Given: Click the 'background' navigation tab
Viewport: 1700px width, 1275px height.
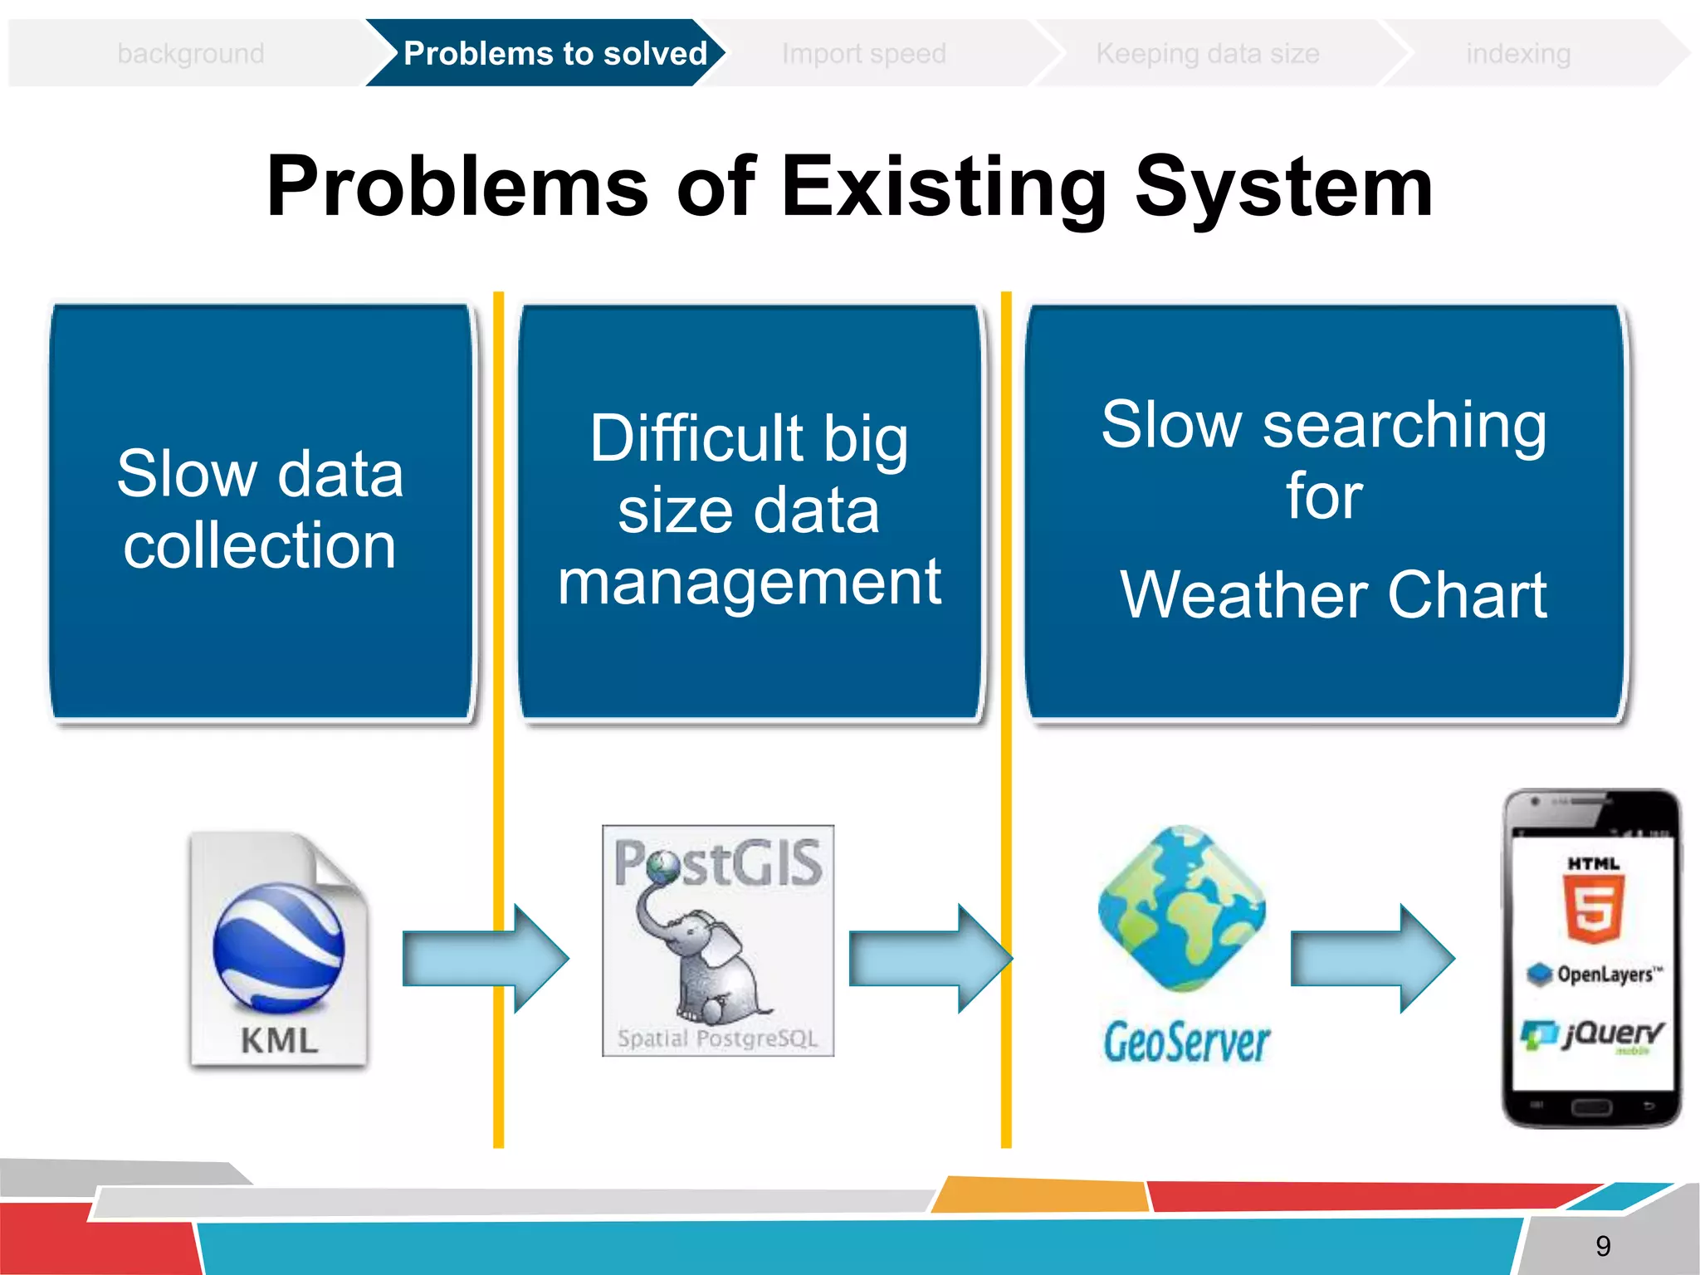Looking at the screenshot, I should point(191,54).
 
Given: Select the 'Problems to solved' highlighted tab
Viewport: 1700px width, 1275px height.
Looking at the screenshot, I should point(554,54).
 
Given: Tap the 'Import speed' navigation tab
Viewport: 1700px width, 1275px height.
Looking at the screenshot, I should point(863,54).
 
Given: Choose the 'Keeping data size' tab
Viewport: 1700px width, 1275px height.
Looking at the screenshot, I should point(1207,54).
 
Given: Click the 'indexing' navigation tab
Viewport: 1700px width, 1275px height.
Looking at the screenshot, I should point(1517,54).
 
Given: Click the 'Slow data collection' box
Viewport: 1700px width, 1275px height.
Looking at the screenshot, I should point(261,510).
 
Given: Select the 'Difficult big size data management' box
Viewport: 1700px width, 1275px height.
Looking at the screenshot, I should point(750,510).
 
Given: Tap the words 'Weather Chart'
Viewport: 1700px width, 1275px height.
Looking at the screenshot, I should point(1333,594).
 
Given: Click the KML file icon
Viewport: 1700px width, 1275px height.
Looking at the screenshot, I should point(279,950).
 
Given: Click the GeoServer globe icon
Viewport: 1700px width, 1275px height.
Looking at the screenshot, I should point(1182,909).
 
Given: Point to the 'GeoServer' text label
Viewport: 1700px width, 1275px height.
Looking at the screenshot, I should point(1186,1043).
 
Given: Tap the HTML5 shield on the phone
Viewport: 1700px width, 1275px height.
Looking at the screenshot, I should point(1594,909).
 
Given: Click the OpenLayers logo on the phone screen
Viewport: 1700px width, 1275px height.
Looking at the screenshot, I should point(1594,974).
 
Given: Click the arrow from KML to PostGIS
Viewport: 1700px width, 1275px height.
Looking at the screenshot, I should point(486,959).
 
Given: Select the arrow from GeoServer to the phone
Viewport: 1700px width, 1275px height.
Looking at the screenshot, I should point(1371,959).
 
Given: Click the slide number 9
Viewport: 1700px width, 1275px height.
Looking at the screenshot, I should point(1603,1245).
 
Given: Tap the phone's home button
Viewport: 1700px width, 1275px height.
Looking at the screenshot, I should point(1591,1107).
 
